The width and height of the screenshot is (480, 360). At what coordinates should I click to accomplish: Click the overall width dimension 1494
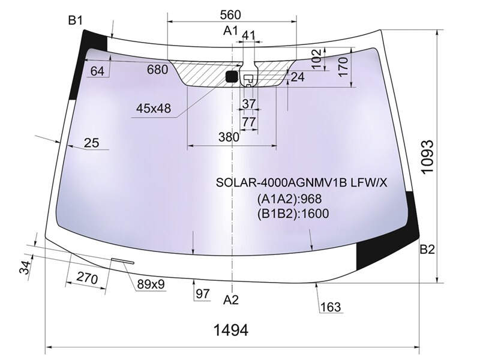tap(230, 331)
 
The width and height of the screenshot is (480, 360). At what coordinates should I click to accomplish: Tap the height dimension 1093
tap(427, 157)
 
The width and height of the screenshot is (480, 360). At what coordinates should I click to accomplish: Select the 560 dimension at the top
tap(230, 14)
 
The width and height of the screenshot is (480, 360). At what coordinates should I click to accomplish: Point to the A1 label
tap(230, 31)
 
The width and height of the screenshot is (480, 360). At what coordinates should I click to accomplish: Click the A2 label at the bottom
tap(230, 299)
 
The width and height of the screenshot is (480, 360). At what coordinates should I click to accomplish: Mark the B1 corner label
tap(76, 20)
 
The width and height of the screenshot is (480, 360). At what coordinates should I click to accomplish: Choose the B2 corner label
tap(427, 250)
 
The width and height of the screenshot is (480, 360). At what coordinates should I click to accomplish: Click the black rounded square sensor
tap(232, 76)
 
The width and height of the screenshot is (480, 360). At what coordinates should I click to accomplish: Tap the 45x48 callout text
tap(154, 109)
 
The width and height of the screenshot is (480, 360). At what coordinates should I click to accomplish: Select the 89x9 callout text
tap(151, 284)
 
